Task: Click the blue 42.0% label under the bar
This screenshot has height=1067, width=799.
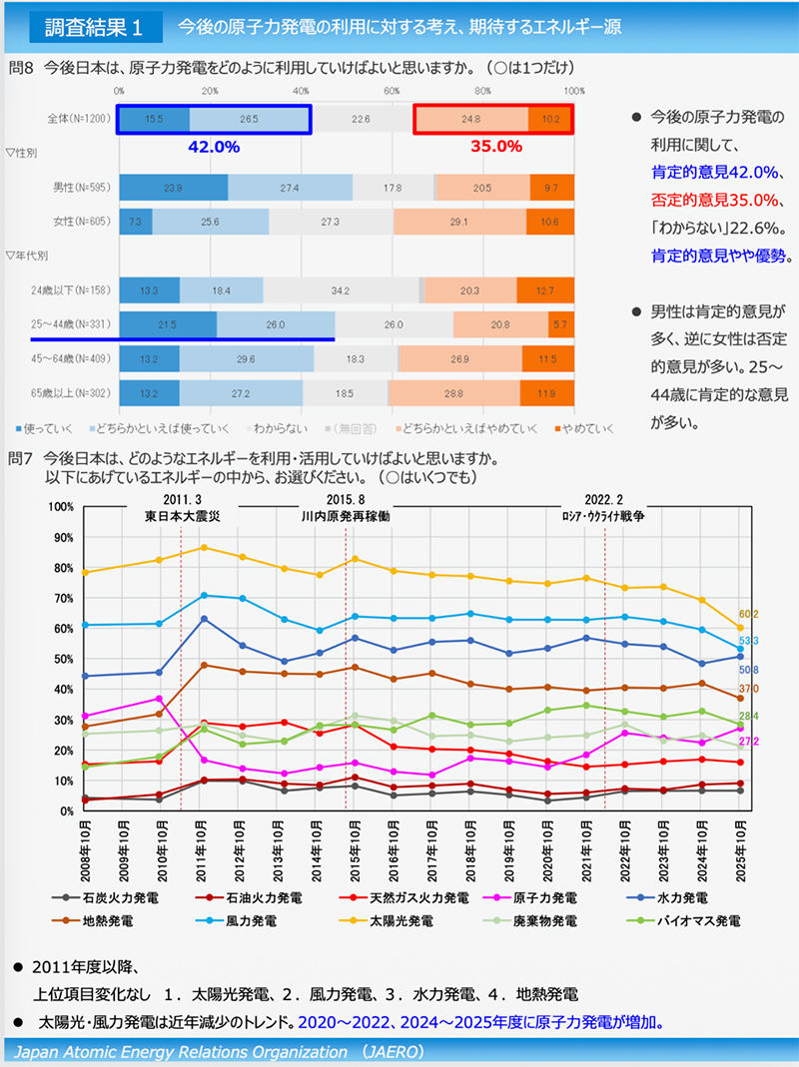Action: pos(214,147)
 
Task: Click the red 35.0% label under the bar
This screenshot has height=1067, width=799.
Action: pos(496,147)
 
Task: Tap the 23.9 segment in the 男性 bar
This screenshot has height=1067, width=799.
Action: pos(173,188)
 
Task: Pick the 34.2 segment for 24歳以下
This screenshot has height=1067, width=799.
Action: pos(341,290)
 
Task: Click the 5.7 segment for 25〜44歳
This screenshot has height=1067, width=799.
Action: pos(560,325)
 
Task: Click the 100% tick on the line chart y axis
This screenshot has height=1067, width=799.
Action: pos(62,506)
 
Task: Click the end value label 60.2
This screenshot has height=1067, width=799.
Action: pos(749,614)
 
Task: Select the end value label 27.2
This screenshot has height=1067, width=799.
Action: pos(749,742)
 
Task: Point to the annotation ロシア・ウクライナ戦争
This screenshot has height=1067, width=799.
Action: pos(604,516)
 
